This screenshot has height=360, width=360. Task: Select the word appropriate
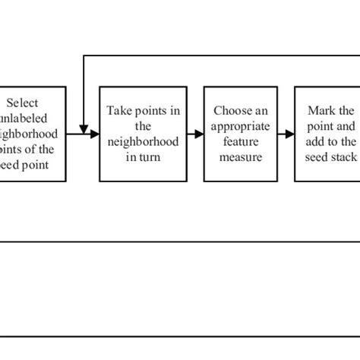238,126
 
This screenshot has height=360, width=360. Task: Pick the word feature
238,141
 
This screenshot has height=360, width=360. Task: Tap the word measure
238,156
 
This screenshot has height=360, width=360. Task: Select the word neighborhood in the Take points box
144,141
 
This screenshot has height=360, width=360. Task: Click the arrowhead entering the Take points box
96,134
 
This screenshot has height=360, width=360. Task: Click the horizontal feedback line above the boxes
220,55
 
